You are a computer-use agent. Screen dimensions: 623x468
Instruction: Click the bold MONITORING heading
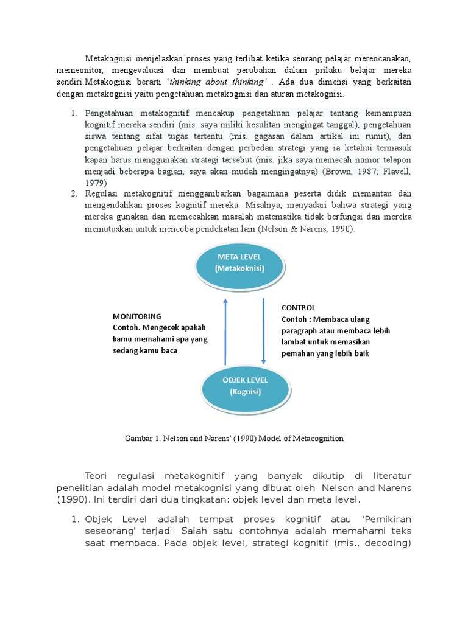tap(137, 316)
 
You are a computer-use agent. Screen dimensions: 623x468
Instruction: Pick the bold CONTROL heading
tap(299, 308)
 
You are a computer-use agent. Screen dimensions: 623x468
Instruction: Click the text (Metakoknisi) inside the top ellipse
tap(239, 269)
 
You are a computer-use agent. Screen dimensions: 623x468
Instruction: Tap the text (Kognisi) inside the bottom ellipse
tap(245, 392)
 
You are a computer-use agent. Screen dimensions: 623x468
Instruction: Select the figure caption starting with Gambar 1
tap(234, 438)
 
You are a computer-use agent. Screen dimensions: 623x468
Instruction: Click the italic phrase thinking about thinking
tap(216, 82)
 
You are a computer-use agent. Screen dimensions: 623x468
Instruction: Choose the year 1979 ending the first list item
tap(96, 183)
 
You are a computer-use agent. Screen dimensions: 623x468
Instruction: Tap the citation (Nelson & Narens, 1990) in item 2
tap(305, 229)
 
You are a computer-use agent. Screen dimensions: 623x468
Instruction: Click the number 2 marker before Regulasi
tap(73, 194)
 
